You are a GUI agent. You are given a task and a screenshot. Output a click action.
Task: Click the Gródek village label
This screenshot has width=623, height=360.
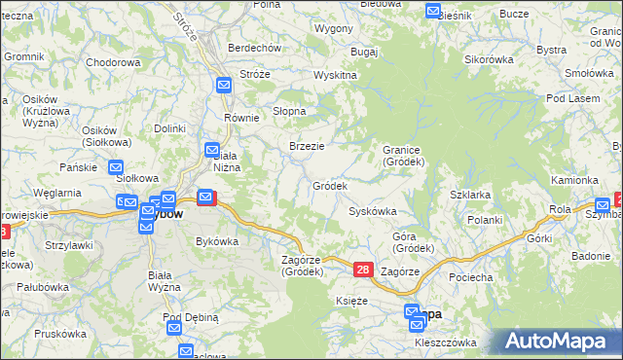(329, 185)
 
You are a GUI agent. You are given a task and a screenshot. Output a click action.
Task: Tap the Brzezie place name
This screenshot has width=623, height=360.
(307, 146)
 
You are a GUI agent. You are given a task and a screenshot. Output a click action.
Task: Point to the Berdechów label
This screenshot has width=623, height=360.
(254, 48)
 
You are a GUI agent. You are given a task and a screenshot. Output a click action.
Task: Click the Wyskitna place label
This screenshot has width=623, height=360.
(335, 75)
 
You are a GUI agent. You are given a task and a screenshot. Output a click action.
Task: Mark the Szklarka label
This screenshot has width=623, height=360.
(470, 195)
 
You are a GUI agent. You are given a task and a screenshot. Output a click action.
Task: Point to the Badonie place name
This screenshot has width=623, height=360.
(591, 256)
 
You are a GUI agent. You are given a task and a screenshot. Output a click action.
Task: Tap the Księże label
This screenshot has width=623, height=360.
(351, 302)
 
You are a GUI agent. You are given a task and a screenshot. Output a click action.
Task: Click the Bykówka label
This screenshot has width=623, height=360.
(217, 240)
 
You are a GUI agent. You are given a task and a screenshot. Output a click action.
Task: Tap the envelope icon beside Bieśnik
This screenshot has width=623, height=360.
(433, 11)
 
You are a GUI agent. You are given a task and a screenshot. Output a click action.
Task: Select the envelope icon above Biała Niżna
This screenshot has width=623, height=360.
(212, 150)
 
